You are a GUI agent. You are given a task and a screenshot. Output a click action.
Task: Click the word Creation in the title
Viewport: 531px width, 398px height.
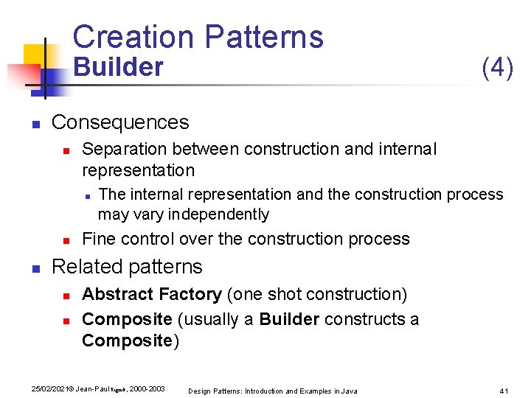pyautogui.click(x=132, y=37)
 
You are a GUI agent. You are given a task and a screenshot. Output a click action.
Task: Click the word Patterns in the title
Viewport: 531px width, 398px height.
pyautogui.click(x=263, y=37)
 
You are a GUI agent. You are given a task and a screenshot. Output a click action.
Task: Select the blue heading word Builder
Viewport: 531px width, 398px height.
pyautogui.click(x=118, y=67)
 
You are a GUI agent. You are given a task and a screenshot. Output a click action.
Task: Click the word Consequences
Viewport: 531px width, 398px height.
pyautogui.click(x=120, y=122)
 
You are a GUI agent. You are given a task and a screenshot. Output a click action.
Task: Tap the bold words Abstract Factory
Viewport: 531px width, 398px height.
pyautogui.click(x=152, y=295)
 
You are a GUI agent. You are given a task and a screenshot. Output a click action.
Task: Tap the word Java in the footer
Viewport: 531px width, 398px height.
pyautogui.click(x=349, y=391)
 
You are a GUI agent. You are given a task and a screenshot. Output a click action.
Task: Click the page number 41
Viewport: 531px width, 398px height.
pyautogui.click(x=505, y=390)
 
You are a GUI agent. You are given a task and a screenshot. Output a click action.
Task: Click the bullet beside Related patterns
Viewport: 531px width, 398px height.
pyautogui.click(x=35, y=268)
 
